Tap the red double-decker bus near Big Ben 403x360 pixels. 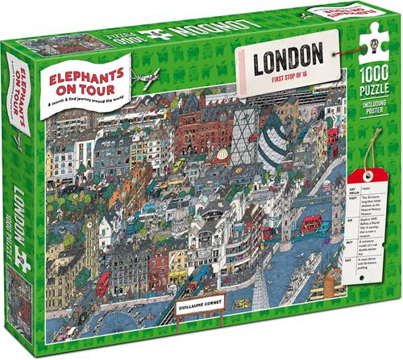[x=102, y=283]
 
